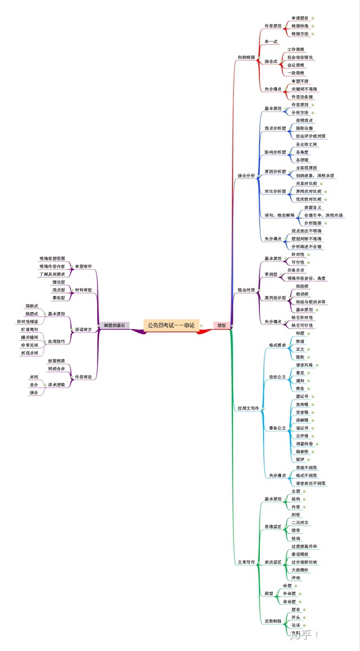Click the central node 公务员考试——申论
(x=171, y=325)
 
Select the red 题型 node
(x=221, y=325)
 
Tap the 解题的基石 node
(x=114, y=325)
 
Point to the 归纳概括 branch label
(x=246, y=57)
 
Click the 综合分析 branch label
(x=246, y=176)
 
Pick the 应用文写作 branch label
(x=248, y=408)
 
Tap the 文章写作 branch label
(x=246, y=562)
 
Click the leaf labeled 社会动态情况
(x=300, y=57)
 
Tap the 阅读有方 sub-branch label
(x=83, y=322)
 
